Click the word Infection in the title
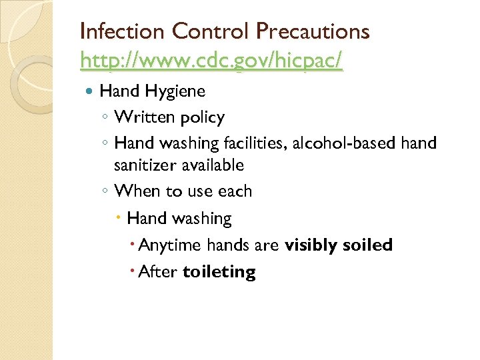point(122,31)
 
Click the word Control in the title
point(208,31)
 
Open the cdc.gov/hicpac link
point(211,61)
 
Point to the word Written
point(142,117)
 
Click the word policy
point(199,118)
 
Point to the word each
point(235,191)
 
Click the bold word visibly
point(311,245)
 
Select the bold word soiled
point(367,245)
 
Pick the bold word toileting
point(219,272)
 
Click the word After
point(159,272)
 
